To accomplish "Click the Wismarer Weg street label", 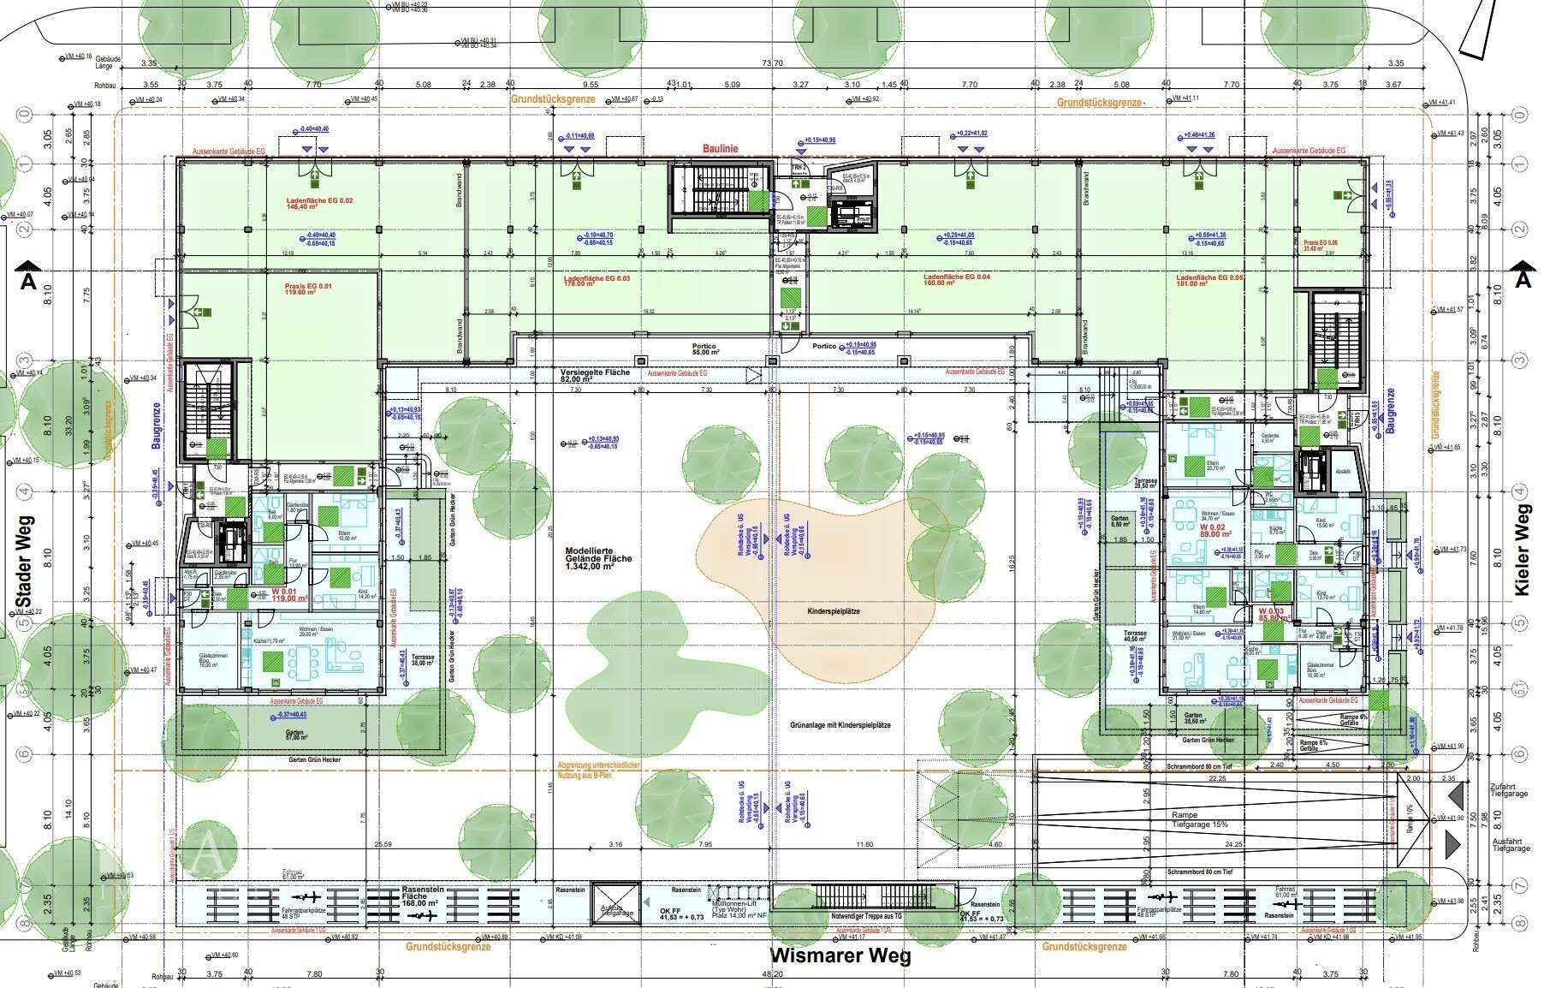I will [x=840, y=956].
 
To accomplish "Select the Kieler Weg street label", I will [x=1522, y=560].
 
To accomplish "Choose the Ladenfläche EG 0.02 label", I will [x=318, y=205].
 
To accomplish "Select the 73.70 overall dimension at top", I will [x=772, y=63].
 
